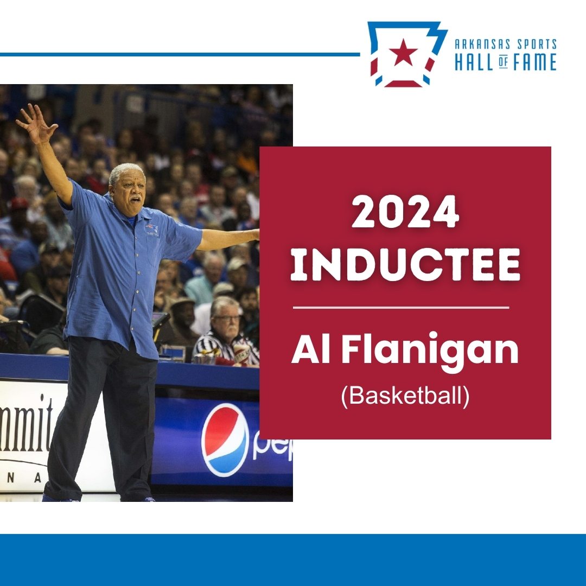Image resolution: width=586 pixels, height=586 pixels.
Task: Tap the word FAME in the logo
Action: [x=534, y=62]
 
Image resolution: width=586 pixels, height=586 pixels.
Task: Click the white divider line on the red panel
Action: [x=401, y=308]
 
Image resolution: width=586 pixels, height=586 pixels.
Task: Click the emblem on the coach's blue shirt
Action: [x=152, y=229]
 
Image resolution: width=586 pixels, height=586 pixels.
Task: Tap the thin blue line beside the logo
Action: [x=179, y=54]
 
